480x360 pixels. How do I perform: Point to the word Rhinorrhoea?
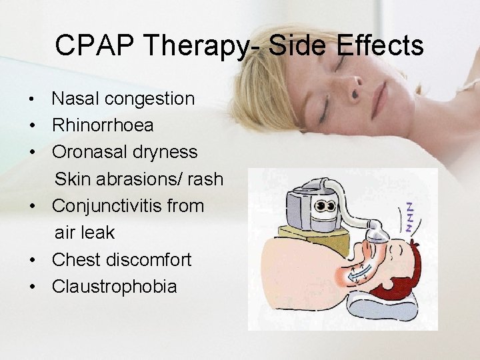click(103, 125)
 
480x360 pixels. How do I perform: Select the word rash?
click(205, 179)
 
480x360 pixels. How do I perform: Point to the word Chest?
click(75, 259)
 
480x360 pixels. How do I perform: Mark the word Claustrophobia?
click(114, 287)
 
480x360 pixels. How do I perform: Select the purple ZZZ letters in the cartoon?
click(408, 217)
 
